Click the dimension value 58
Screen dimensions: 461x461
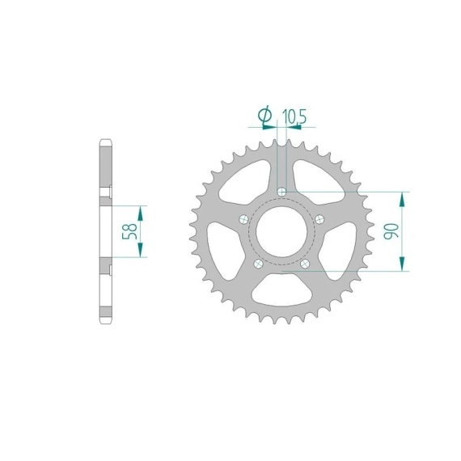click(x=130, y=231)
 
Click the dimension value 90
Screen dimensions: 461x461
click(x=391, y=230)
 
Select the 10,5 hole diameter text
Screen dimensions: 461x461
click(x=294, y=116)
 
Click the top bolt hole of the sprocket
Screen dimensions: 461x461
click(x=281, y=192)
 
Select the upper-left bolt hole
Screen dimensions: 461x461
click(x=243, y=219)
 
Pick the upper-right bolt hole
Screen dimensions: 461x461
click(x=319, y=219)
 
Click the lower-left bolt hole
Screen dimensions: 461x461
click(x=258, y=264)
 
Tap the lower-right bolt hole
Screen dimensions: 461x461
click(x=305, y=264)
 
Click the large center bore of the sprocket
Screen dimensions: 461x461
click(x=281, y=231)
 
